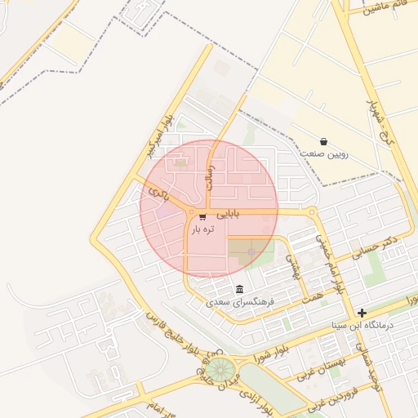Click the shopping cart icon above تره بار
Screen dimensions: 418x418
[202, 216]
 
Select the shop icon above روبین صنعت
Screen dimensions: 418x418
[324, 141]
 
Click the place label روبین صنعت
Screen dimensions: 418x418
[324, 153]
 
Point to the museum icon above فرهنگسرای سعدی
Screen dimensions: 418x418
[239, 289]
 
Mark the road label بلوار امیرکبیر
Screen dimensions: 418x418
[158, 139]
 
